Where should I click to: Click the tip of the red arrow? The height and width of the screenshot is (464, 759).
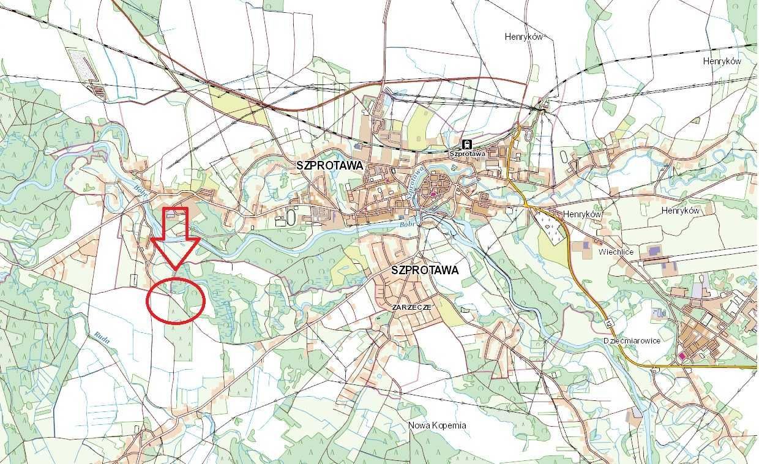coord(176,269)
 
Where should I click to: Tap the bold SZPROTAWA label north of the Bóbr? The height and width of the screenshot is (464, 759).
coord(329,165)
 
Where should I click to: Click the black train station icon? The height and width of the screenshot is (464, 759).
coord(468,144)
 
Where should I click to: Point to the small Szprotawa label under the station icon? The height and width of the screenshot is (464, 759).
coord(468,154)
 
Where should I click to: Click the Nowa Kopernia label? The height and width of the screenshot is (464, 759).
coord(437,425)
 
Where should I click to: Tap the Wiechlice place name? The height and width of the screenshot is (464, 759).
coord(616,252)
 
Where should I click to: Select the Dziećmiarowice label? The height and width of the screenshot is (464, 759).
coord(631,341)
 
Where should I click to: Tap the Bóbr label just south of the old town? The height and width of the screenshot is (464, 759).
coord(408,224)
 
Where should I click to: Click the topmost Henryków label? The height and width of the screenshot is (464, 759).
coord(524,37)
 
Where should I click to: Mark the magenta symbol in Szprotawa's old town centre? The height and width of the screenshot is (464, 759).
coord(433,194)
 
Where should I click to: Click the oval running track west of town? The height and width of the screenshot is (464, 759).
coord(291,217)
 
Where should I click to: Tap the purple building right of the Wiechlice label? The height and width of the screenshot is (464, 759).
coord(654,250)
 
